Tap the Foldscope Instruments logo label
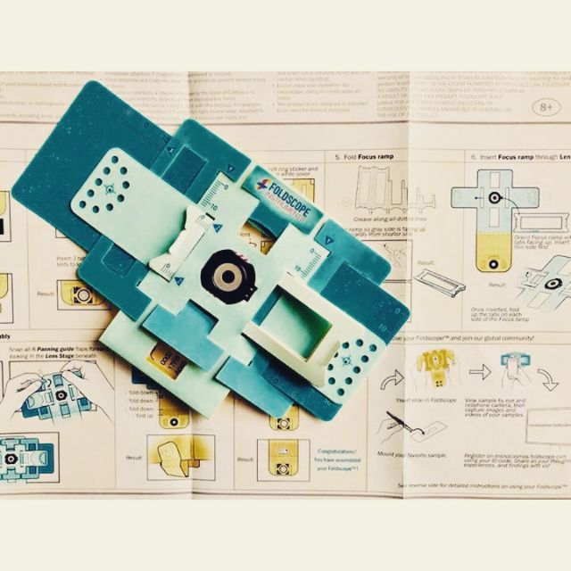(279, 189)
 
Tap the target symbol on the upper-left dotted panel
(109, 188)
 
